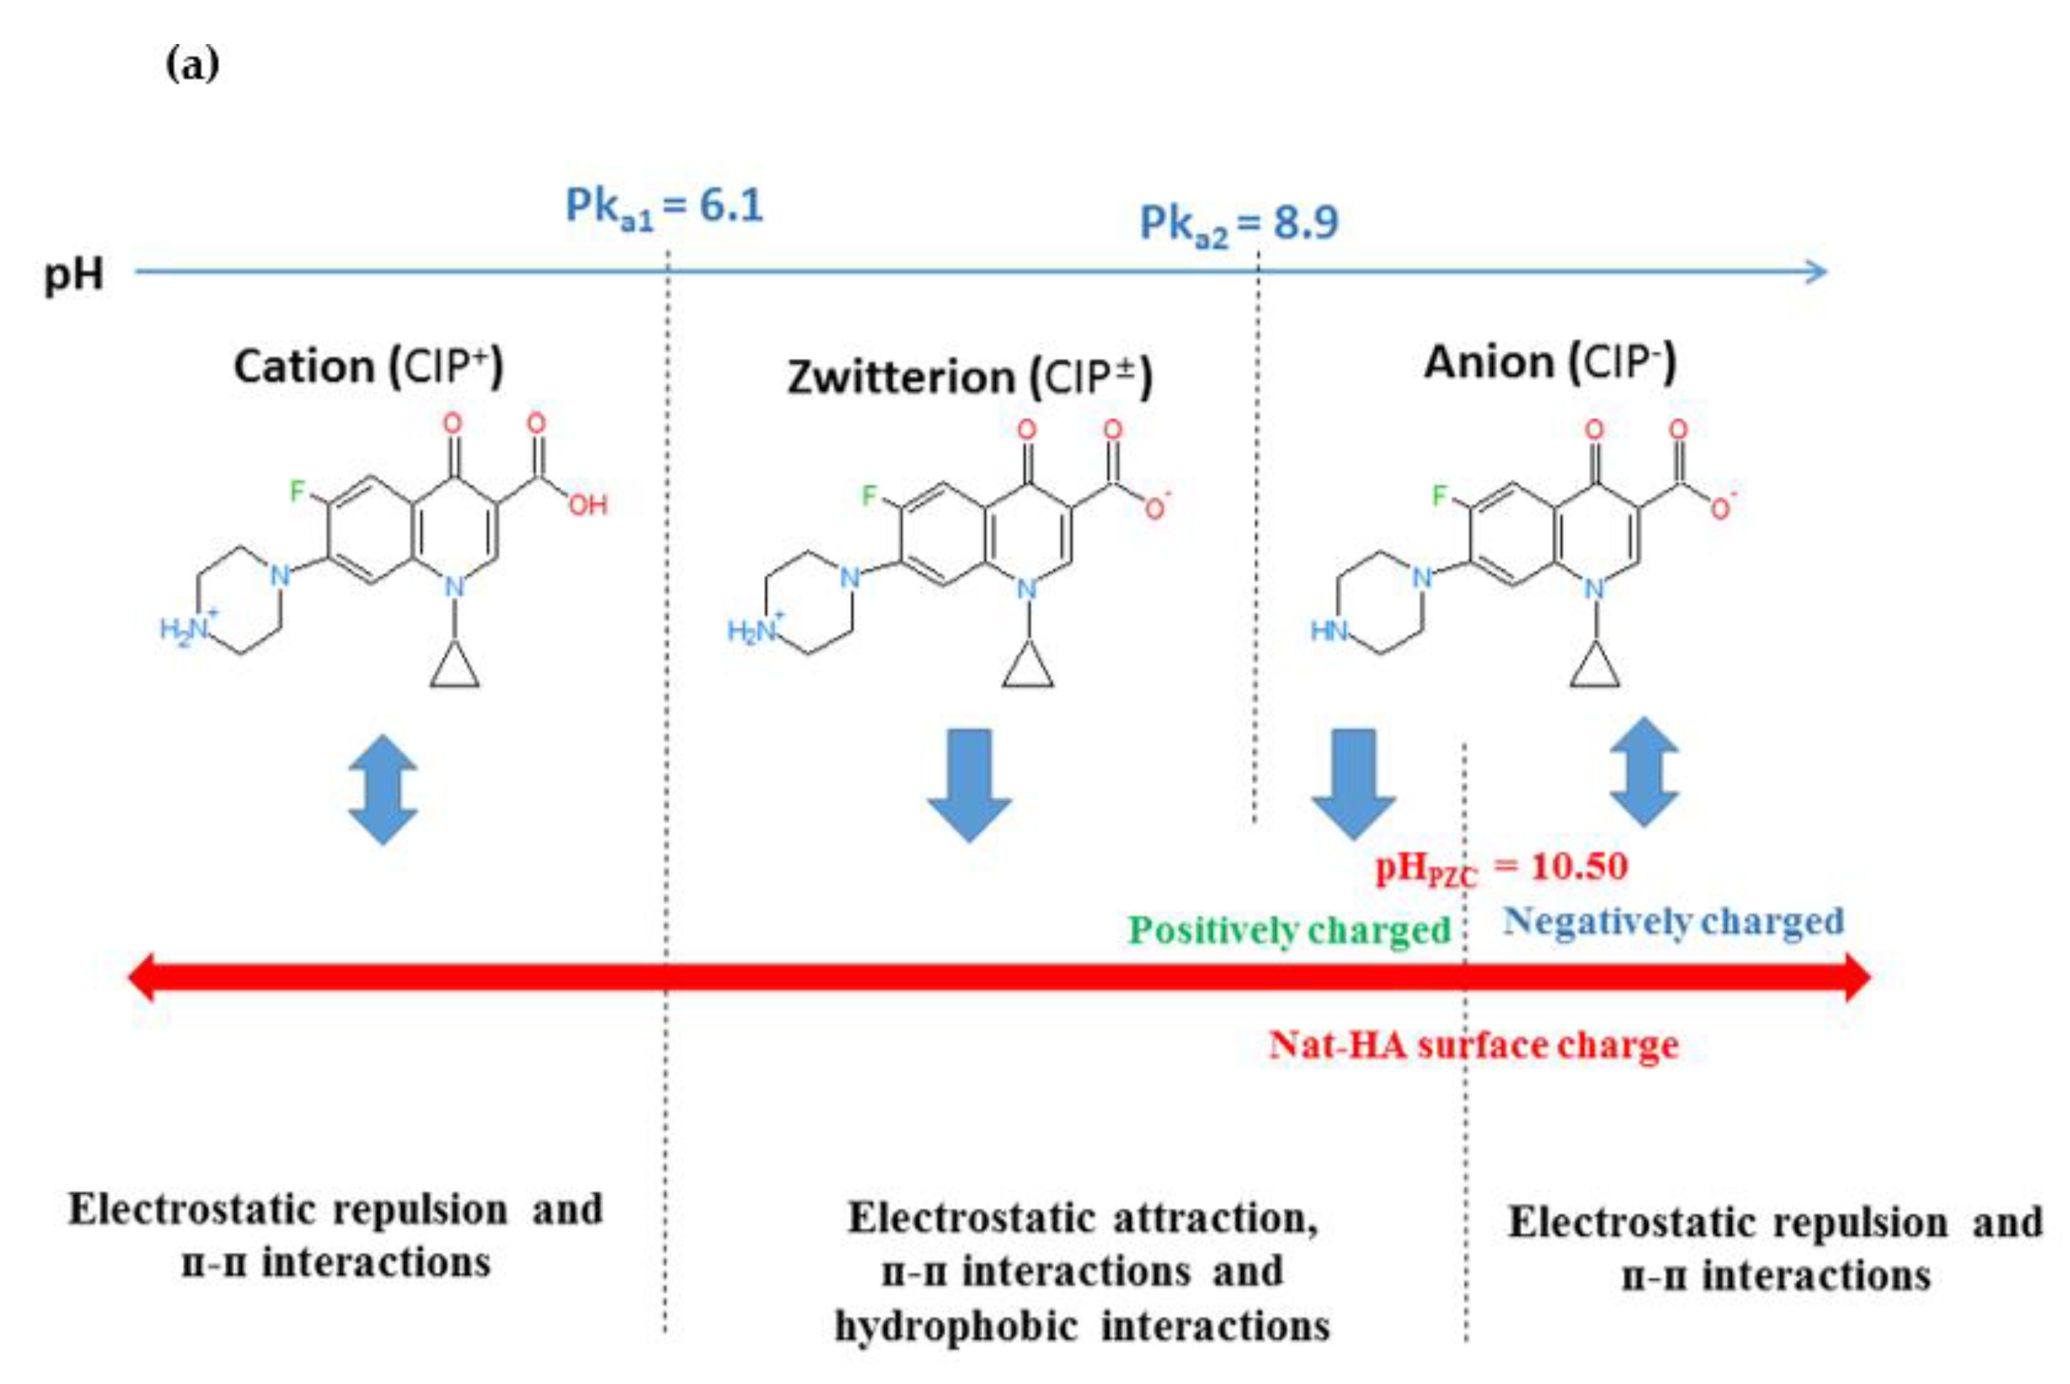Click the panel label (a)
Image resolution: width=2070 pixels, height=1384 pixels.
(x=192, y=65)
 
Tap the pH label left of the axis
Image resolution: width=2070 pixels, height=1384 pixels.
(x=74, y=274)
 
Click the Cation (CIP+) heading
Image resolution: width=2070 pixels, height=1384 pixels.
(x=368, y=366)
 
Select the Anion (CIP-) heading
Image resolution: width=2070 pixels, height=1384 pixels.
(x=1549, y=362)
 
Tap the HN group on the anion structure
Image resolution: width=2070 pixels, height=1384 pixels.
(x=1328, y=630)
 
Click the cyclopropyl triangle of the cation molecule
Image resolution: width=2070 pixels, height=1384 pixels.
(x=454, y=668)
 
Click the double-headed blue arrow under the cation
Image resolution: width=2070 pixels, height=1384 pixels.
(x=382, y=789)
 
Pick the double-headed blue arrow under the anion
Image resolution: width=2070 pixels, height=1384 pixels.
(x=1644, y=771)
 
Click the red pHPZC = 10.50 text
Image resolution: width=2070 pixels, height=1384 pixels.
(x=1501, y=868)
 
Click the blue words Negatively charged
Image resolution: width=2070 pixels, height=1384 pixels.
(x=1673, y=922)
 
